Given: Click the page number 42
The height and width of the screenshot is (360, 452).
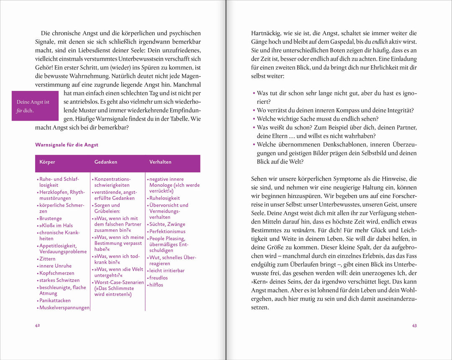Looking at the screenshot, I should point(37,326).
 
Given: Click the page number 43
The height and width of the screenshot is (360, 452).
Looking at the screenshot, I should point(414,326).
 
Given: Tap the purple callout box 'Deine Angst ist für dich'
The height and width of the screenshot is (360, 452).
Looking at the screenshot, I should point(35,106).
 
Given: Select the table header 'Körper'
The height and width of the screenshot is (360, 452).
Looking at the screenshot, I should point(47,162).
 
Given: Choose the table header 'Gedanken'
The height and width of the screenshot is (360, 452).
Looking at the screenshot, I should point(105,162).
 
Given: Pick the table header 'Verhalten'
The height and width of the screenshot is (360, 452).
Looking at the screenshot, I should point(160,162).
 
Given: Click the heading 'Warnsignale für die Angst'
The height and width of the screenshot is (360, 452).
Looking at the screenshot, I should point(67,145).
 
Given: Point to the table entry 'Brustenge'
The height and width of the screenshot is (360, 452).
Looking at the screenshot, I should point(51,219).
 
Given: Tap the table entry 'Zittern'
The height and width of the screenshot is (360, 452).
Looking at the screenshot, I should point(47,259).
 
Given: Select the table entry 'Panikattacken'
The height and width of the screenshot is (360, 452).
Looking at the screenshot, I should point(55,300).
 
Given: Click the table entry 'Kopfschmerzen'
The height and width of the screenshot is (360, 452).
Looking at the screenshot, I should point(56,273).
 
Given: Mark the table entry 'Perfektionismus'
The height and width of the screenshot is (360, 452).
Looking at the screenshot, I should point(167,231).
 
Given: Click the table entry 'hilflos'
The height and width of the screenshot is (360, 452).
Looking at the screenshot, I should point(156,285).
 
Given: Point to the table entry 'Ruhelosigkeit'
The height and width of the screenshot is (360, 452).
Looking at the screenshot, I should point(164,198).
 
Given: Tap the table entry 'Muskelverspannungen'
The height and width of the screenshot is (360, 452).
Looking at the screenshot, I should point(64,308).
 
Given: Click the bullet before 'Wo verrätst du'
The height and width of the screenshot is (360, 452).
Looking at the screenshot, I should point(254,111).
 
